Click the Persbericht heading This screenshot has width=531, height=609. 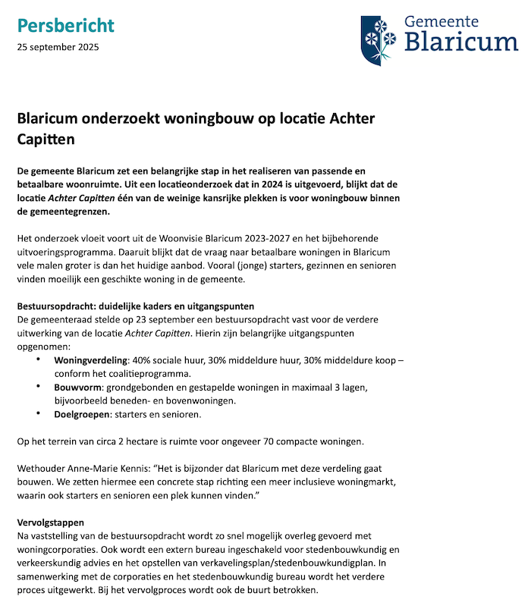pos(65,26)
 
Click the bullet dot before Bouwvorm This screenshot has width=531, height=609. pos(39,387)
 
